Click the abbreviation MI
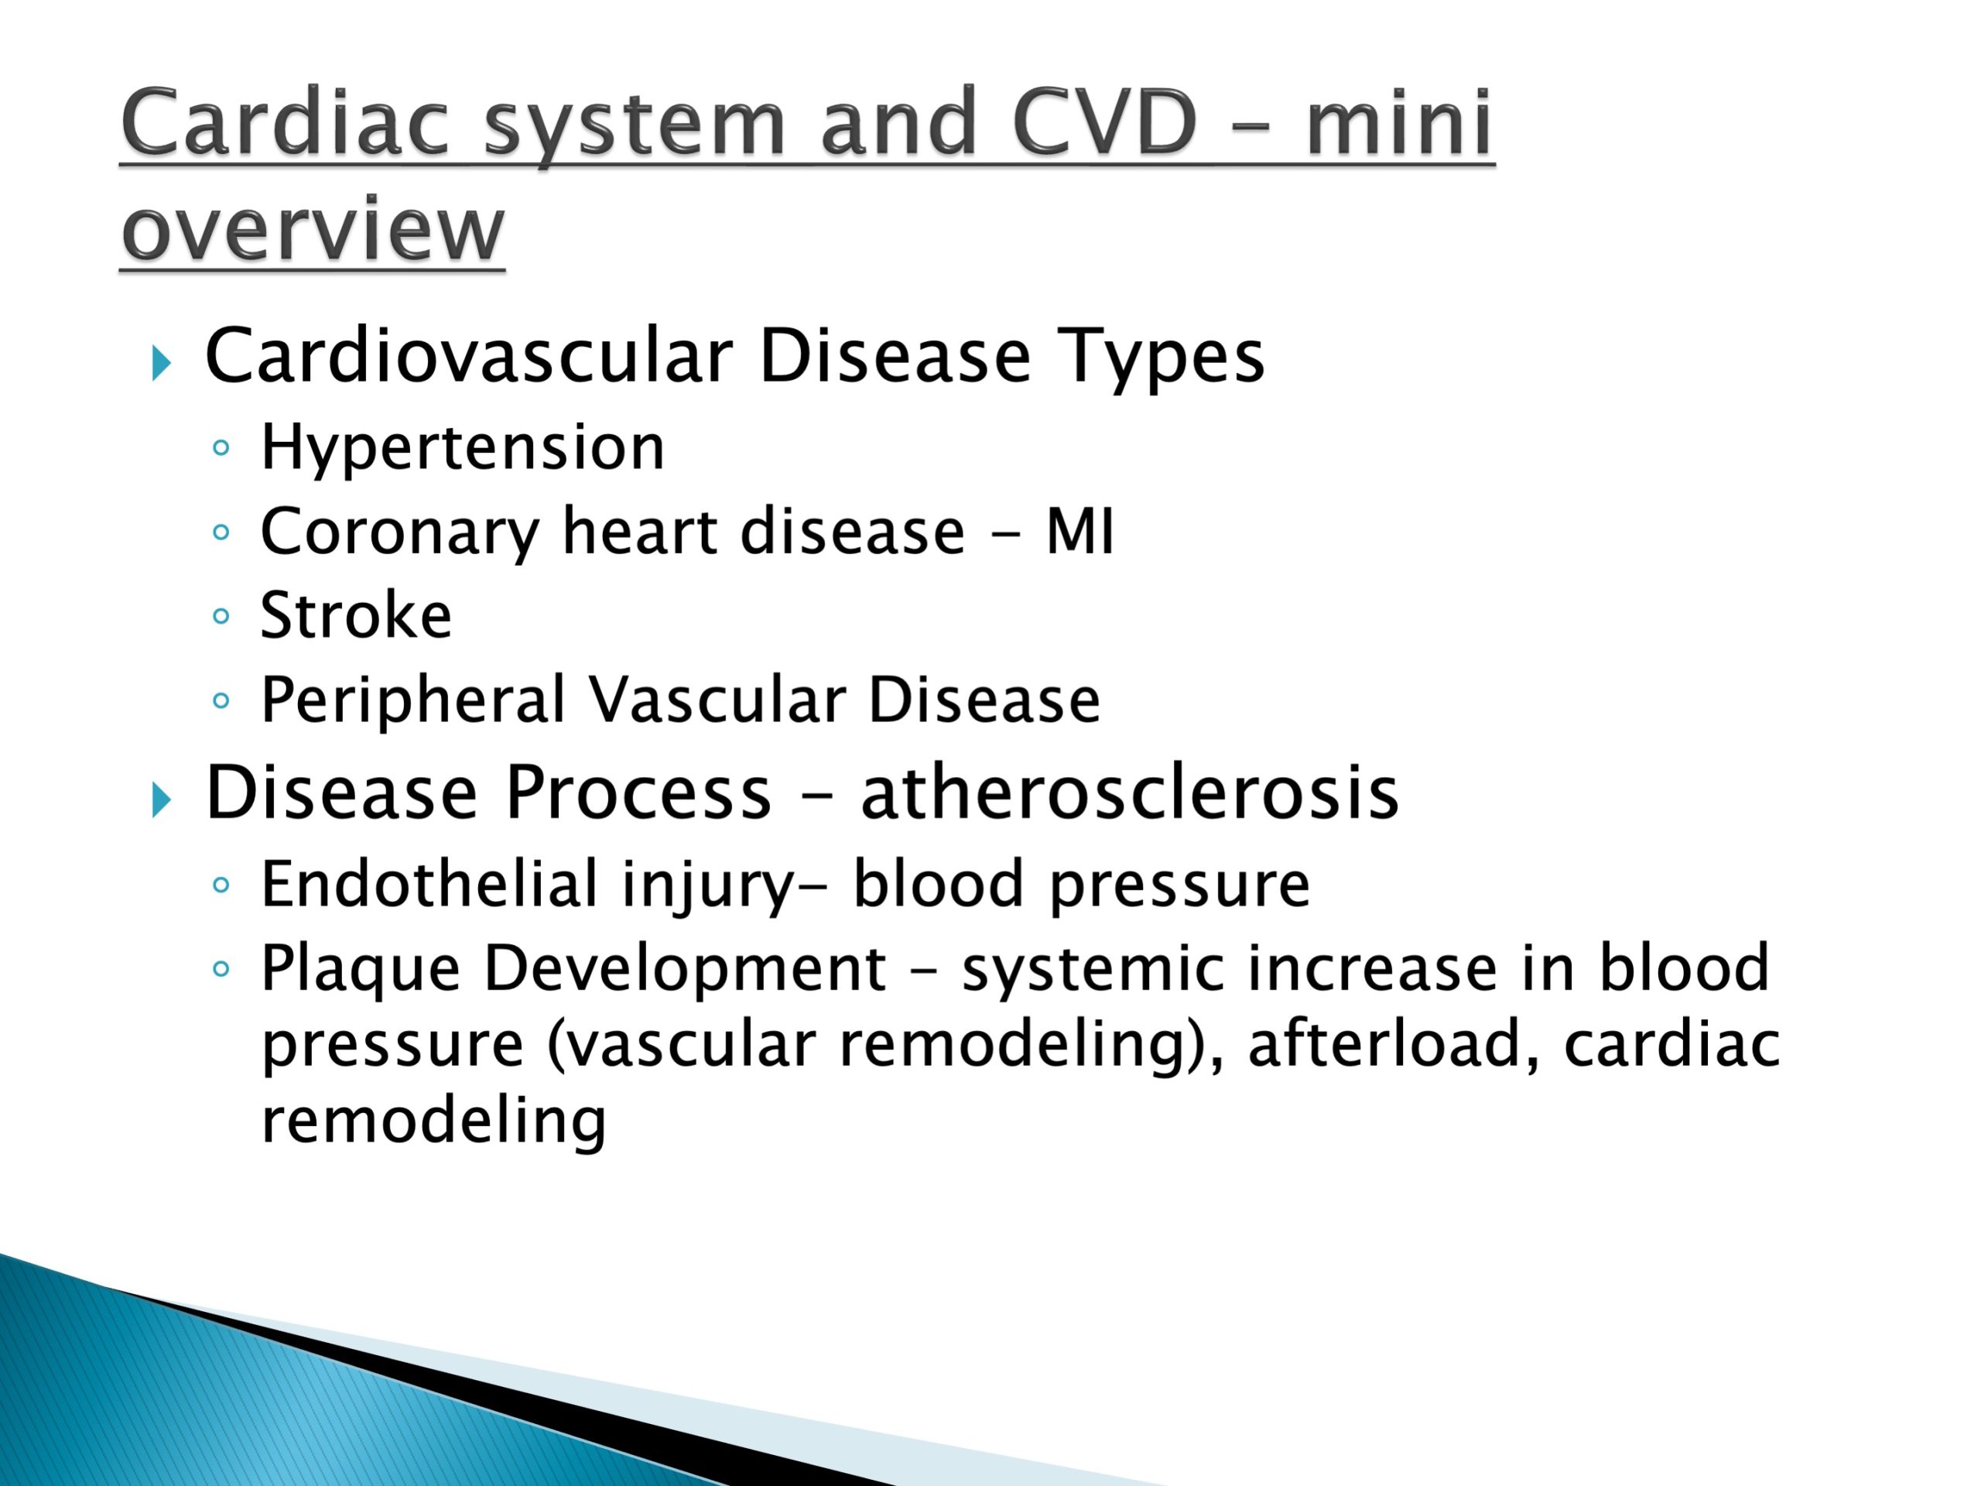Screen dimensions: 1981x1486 pyautogui.click(x=1079, y=532)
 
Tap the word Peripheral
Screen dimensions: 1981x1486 pyautogui.click(x=412, y=701)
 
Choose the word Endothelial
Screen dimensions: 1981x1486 pyautogui.click(x=429, y=884)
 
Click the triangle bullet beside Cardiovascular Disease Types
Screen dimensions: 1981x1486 pyautogui.click(x=161, y=364)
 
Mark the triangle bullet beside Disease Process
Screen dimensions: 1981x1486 pyautogui.click(x=161, y=799)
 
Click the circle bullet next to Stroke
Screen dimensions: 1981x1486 pyautogui.click(x=221, y=615)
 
